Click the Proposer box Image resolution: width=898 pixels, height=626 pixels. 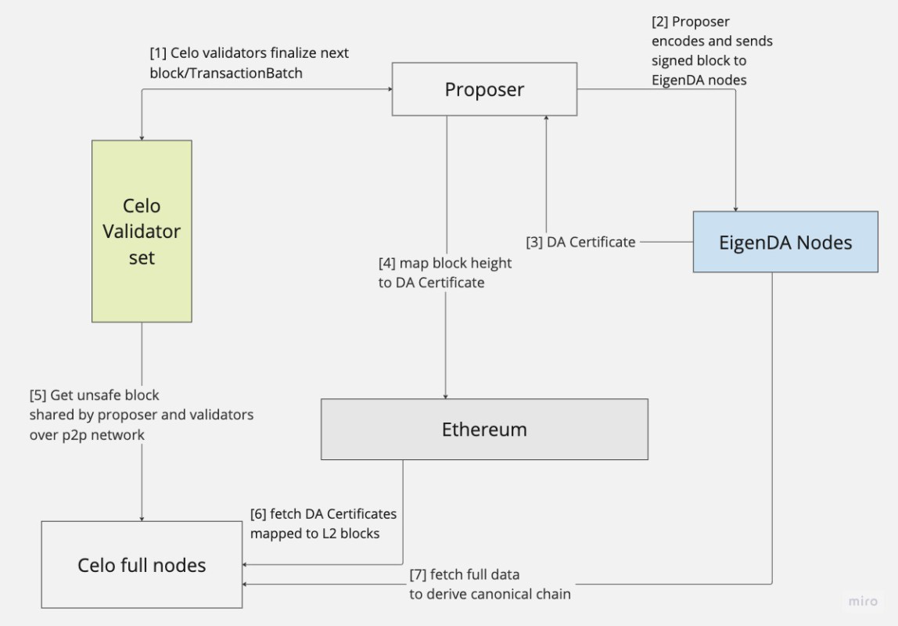click(x=484, y=89)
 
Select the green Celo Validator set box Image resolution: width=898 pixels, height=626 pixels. click(x=142, y=231)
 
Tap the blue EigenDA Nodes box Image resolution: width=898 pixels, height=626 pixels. click(x=785, y=242)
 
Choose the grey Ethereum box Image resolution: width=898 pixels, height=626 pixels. click(x=484, y=429)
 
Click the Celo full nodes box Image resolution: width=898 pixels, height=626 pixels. click(x=142, y=565)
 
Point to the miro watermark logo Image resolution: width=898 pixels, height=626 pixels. click(x=863, y=601)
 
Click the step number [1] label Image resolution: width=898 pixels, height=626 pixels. click(x=159, y=53)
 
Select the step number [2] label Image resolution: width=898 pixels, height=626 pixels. click(x=660, y=22)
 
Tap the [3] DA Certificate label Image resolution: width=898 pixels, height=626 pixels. click(x=580, y=242)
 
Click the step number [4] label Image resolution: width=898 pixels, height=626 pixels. click(x=386, y=264)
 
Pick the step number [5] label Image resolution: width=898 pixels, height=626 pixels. click(x=38, y=395)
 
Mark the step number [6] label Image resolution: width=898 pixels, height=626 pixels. click(x=258, y=514)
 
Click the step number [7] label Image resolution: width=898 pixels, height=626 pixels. click(x=418, y=575)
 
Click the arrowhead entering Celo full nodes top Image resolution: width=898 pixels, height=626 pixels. click(x=142, y=517)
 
